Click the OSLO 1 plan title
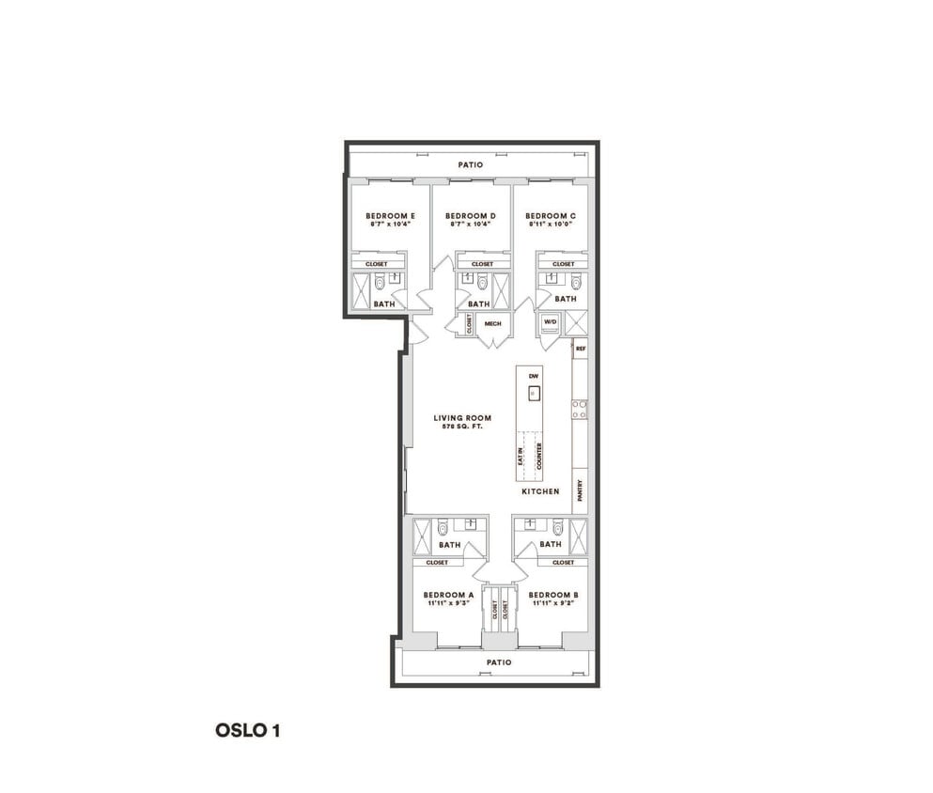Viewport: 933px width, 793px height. (x=241, y=730)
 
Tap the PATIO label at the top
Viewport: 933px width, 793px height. (x=471, y=164)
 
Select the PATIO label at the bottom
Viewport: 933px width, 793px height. (x=499, y=661)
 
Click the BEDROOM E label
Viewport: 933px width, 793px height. (x=390, y=215)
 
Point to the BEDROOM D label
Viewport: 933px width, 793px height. (x=471, y=215)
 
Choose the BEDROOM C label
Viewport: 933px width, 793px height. (x=551, y=215)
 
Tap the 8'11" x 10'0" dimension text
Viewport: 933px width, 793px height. (x=551, y=225)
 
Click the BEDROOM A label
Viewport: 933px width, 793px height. (x=447, y=595)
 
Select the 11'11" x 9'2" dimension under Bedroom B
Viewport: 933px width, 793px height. (x=553, y=604)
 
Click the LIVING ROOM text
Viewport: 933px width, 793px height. (x=462, y=418)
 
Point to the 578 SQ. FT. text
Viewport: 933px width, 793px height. (x=462, y=428)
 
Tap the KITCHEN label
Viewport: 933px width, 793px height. (x=540, y=491)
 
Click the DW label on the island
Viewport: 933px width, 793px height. (x=533, y=376)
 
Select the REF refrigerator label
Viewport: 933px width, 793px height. (x=581, y=349)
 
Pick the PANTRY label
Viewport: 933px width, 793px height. (x=581, y=490)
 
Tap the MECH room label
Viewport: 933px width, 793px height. (x=493, y=324)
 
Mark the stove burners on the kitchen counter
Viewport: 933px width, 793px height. (x=581, y=409)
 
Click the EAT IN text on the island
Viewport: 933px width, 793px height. (x=521, y=457)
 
